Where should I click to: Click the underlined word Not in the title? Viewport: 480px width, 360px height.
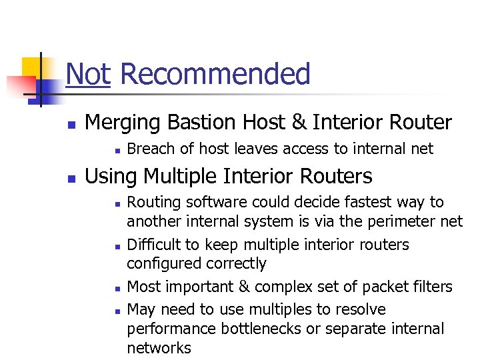[88, 74]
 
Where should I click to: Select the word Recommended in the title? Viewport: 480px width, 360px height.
[215, 74]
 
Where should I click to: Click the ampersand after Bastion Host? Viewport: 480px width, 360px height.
[299, 123]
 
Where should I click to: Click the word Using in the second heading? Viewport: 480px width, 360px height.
[111, 176]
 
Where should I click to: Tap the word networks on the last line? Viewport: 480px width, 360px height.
[159, 347]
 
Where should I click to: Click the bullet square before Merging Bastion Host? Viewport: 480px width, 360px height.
[71, 124]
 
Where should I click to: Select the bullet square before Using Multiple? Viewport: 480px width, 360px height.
[71, 178]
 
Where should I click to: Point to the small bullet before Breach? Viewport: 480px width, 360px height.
[115, 150]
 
